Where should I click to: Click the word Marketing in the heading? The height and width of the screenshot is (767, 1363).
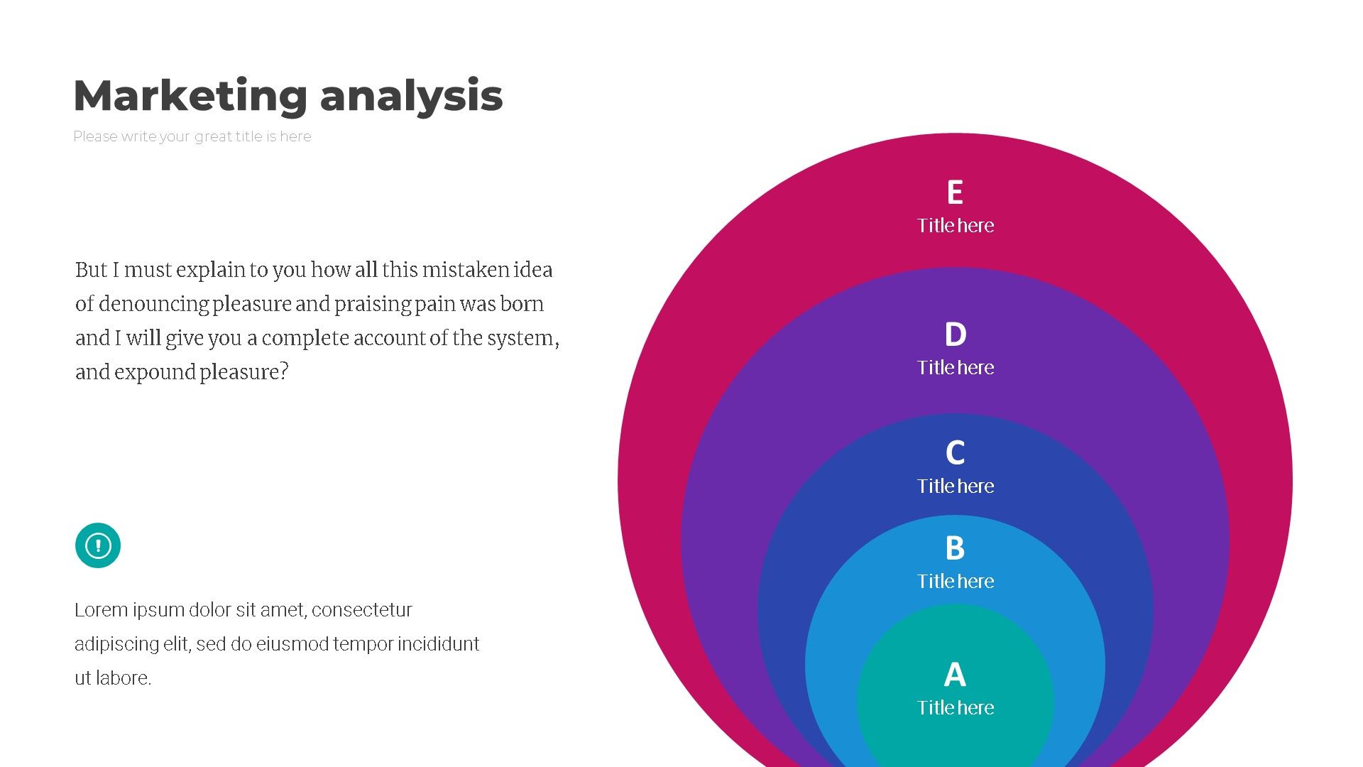click(190, 96)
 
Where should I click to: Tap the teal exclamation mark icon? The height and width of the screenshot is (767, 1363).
click(98, 545)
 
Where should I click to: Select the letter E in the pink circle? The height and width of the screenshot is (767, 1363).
click(955, 192)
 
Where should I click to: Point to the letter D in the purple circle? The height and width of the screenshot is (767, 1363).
click(956, 334)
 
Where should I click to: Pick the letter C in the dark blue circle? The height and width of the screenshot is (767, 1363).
click(956, 452)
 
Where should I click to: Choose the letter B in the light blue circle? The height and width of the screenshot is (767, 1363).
click(955, 548)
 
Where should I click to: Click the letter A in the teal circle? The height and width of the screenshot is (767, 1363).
click(955, 675)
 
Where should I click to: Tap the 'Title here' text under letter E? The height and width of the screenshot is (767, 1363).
click(956, 225)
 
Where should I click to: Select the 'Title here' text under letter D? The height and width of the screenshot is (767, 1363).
click(956, 367)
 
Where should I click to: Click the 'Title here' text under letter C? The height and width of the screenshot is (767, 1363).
click(956, 486)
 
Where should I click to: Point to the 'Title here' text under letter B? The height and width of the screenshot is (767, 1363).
click(956, 581)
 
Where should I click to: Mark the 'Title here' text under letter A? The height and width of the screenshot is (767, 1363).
click(956, 707)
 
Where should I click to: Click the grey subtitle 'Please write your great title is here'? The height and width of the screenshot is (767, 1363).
click(192, 136)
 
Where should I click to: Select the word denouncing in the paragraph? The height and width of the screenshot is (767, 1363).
click(153, 304)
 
